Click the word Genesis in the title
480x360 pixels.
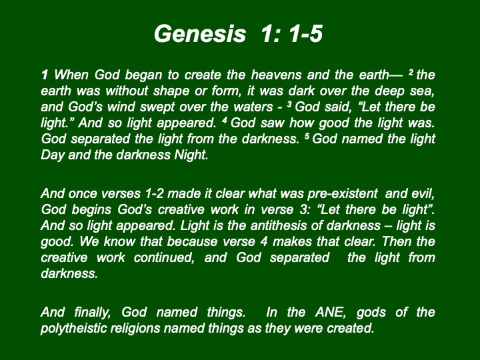tap(200, 33)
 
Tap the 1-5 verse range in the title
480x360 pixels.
tap(305, 33)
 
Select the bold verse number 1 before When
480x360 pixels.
tap(45, 75)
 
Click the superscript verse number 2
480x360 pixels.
tap(411, 72)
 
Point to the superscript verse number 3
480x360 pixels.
tap(289, 105)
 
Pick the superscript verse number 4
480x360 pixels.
tap(225, 120)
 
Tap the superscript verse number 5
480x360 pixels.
tap(307, 136)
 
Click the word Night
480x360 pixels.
tap(191, 155)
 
